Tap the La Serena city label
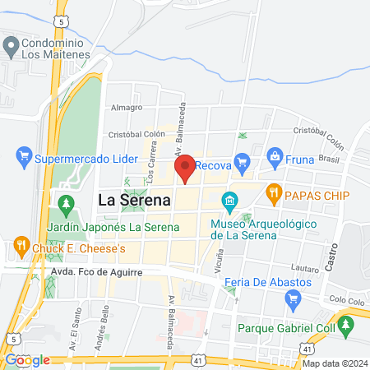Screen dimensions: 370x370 point(134,200)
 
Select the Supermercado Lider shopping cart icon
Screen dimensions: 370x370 point(24,154)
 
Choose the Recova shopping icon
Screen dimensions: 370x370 point(241,162)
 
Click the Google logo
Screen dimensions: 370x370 point(28,359)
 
